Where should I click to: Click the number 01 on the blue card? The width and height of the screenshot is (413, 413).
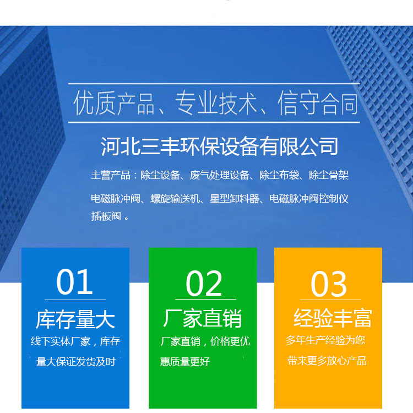coord(74,282)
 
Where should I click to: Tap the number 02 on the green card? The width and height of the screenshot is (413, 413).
coord(204,284)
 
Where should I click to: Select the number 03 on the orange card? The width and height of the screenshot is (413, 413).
coord(329,284)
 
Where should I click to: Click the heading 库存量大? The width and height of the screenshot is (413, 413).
coord(75,319)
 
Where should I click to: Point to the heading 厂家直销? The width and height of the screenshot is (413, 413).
coord(202,318)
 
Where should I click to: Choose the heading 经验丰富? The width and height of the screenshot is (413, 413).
coord(333,318)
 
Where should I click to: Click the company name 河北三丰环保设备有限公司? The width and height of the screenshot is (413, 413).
coord(219,146)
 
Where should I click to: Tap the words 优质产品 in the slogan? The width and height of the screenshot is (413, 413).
coord(114,103)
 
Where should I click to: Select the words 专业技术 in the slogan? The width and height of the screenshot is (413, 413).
coord(216,103)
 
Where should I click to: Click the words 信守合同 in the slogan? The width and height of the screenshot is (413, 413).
coord(318,103)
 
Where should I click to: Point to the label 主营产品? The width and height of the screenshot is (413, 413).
coord(111,176)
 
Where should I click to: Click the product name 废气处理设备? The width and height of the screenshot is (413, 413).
coord(219,176)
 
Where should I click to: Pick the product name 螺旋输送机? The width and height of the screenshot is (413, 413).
coord(175,199)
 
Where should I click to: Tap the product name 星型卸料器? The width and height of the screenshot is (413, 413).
coord(235,199)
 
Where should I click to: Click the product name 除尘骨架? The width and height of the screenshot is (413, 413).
coord(329,176)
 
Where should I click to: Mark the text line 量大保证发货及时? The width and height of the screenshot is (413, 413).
coord(76,362)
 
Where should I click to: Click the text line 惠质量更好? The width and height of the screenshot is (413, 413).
coord(185,362)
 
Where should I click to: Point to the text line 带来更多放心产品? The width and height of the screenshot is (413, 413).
coord(327,361)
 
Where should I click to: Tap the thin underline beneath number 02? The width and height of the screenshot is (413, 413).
coord(205,299)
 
